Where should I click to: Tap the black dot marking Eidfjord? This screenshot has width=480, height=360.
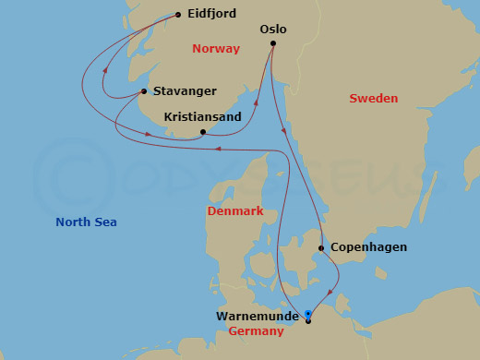click(178, 15)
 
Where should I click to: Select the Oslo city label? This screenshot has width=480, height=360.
click(273, 29)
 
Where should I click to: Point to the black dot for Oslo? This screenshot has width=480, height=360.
click(273, 42)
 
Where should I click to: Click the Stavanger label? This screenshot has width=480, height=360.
click(186, 90)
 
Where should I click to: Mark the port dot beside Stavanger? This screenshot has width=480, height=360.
click(144, 90)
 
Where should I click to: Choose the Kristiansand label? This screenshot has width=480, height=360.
click(202, 117)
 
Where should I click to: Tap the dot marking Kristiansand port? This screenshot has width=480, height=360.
click(202, 132)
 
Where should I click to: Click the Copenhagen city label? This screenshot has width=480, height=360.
click(367, 247)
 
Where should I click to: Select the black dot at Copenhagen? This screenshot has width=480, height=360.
click(320, 247)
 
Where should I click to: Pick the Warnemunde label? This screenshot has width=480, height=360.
click(258, 316)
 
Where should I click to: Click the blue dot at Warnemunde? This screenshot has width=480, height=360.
click(308, 313)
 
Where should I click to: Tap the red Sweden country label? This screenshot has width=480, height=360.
click(374, 98)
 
